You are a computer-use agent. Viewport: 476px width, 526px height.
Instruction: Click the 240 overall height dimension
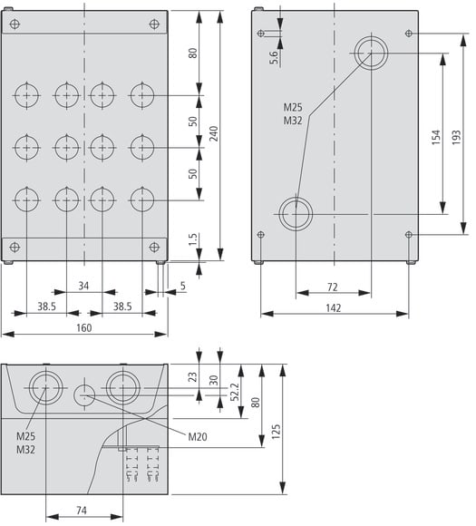[214, 133]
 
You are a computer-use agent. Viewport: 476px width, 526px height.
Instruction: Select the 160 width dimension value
[83, 327]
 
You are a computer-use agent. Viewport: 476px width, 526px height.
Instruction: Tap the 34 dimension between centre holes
[83, 286]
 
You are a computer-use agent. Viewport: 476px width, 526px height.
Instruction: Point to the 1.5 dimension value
[193, 239]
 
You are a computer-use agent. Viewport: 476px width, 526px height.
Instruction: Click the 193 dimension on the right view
[456, 137]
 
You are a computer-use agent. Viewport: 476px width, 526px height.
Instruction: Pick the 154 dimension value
[435, 137]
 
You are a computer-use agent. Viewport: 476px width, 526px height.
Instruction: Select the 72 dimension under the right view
[332, 287]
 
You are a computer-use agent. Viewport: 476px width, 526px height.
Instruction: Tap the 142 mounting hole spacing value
[334, 308]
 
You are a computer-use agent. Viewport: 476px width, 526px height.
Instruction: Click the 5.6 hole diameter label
[274, 57]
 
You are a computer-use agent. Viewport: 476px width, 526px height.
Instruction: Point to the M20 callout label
[198, 436]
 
